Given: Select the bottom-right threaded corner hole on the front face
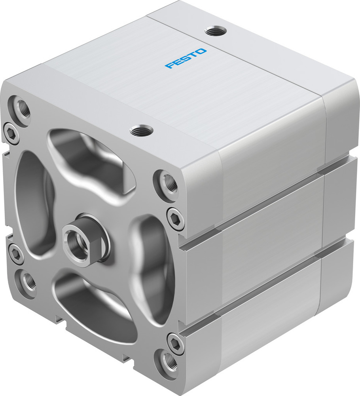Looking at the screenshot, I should tap(168, 360).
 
